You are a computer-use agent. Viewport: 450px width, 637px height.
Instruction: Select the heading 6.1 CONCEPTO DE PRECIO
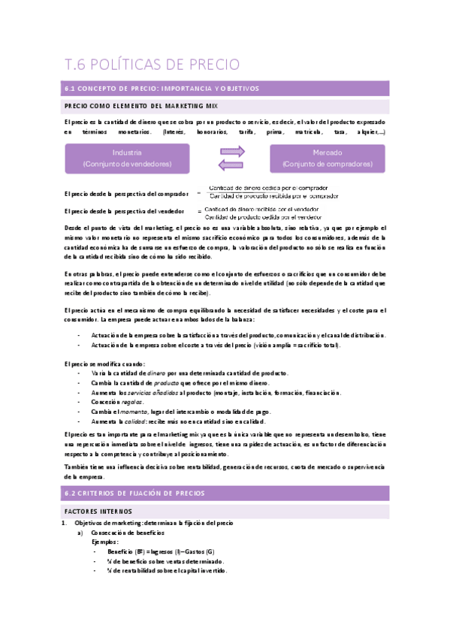click(x=162, y=89)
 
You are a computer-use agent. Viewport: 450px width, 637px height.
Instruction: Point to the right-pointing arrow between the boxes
click(x=231, y=152)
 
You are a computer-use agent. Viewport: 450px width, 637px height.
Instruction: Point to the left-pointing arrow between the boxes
click(x=231, y=165)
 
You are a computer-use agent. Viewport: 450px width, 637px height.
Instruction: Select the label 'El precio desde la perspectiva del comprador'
click(x=126, y=195)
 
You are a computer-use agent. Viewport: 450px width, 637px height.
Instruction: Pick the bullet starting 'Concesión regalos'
click(x=119, y=403)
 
